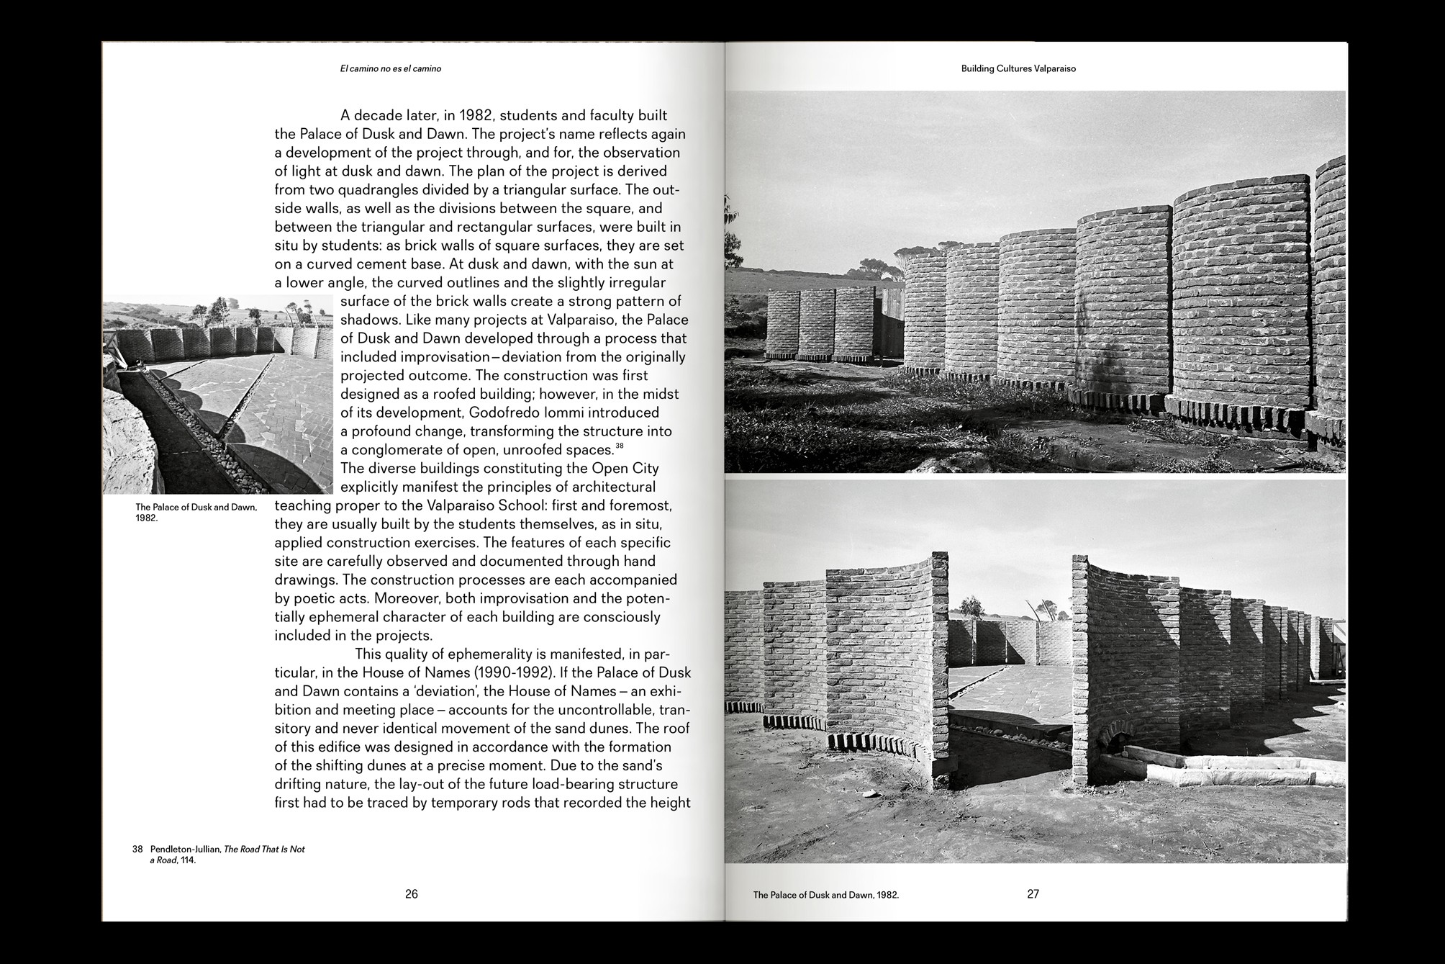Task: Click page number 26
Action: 411,894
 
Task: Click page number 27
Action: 1033,894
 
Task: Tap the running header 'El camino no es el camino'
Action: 390,69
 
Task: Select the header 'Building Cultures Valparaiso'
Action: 1018,69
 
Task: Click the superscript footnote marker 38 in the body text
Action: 619,446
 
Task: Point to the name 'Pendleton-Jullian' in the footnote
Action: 185,850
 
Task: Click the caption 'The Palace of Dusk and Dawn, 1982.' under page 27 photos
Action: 825,896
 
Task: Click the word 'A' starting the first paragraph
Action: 345,115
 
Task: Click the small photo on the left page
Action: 217,395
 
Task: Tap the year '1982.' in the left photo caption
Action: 146,518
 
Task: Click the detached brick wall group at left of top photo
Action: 818,324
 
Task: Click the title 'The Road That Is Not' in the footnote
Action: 264,850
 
